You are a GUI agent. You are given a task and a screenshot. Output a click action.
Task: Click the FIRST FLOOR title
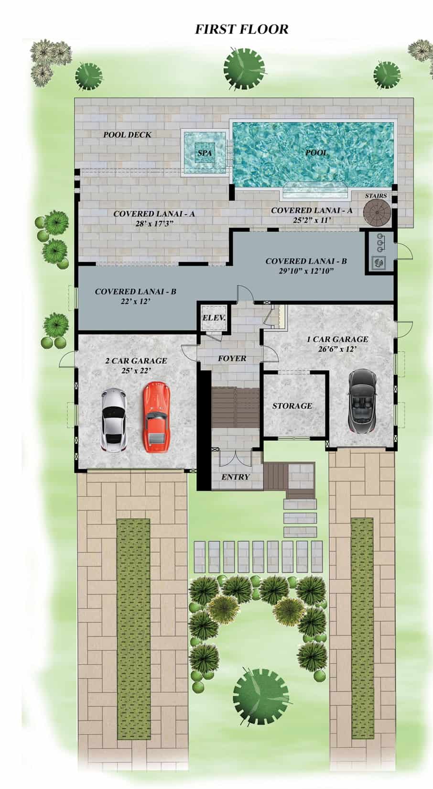tap(241, 29)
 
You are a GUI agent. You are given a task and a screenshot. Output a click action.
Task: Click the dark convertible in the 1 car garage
tap(363, 401)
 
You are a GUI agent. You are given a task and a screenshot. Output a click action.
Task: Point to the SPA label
tap(205, 153)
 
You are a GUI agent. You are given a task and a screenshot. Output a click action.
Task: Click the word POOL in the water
tap(316, 153)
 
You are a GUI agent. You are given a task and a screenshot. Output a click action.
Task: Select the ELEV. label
tap(214, 318)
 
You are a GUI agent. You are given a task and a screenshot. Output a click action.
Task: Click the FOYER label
tap(232, 358)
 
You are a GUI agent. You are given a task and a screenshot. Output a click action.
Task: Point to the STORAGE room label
tap(292, 405)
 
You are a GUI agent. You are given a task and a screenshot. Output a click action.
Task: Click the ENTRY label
tap(236, 477)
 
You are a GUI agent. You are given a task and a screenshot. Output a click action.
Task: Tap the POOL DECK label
tap(127, 135)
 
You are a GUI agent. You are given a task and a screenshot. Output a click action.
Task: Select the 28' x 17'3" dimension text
tap(154, 223)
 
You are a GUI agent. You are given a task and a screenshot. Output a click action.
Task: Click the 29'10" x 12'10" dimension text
tap(306, 271)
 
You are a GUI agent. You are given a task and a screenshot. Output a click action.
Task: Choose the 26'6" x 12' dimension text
tap(337, 349)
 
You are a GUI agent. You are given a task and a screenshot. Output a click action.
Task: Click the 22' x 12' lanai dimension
tap(136, 301)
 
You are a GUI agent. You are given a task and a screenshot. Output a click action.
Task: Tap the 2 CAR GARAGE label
tap(136, 361)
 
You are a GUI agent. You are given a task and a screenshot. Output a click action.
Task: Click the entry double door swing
tap(235, 458)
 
